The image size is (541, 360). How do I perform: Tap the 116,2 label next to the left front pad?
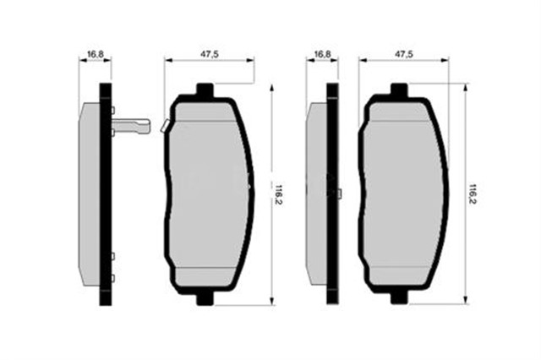point(277,193)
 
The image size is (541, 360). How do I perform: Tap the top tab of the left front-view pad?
point(204,90)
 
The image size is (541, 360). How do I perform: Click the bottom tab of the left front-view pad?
point(204,298)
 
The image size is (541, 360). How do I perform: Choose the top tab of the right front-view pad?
point(398,90)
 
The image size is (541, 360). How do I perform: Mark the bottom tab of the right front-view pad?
point(398,298)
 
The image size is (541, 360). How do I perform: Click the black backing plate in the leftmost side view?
point(106,194)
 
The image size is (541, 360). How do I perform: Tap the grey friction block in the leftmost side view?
point(90,194)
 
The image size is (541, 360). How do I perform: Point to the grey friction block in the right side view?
point(317,194)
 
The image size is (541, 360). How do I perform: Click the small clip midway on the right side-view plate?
point(340,194)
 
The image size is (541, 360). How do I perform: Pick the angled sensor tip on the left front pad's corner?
point(166,127)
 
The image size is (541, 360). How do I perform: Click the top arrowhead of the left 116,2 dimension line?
point(271,86)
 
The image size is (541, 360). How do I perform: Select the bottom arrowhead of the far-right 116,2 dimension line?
point(466,301)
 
